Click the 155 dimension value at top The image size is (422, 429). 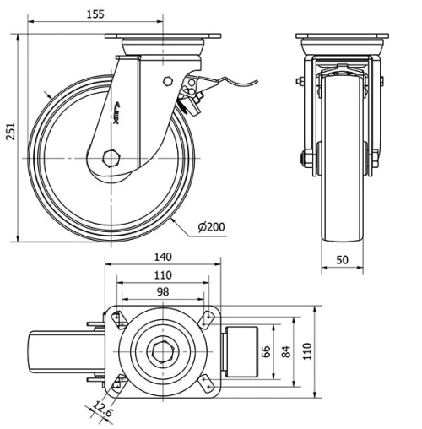pos(118,14)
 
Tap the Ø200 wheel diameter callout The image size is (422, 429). pos(211,227)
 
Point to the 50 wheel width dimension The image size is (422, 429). pos(342,261)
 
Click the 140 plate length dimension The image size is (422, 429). pos(163,256)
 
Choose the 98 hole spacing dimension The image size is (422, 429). pos(163,291)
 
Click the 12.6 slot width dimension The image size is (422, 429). pos(104,411)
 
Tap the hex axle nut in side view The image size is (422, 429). pos(109,158)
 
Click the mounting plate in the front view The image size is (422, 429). pos(342,37)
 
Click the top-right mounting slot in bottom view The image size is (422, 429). pos(207,317)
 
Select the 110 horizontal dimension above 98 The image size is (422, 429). pos(163,274)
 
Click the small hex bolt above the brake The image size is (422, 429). pos(170,82)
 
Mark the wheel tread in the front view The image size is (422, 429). pos(342,236)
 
